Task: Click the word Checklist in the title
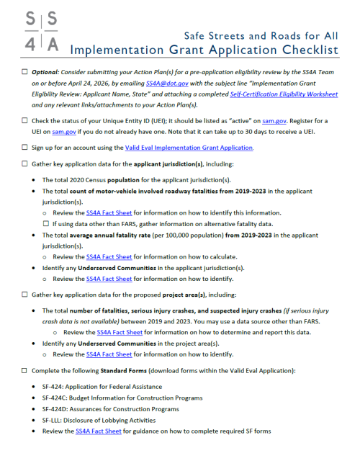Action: tap(298, 50)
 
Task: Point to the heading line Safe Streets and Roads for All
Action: tap(261, 35)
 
